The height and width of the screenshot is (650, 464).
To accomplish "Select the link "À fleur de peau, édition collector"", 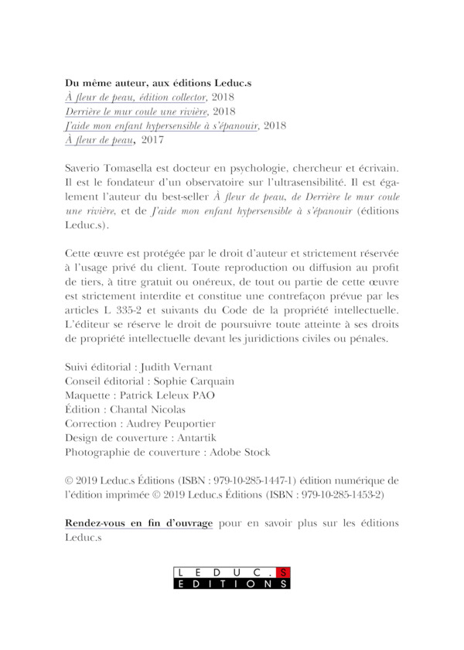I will coord(135,97).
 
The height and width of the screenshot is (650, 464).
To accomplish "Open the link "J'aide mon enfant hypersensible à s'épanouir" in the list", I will coord(162,126).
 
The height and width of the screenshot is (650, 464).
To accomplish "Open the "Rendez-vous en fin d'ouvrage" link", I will coord(138,523).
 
